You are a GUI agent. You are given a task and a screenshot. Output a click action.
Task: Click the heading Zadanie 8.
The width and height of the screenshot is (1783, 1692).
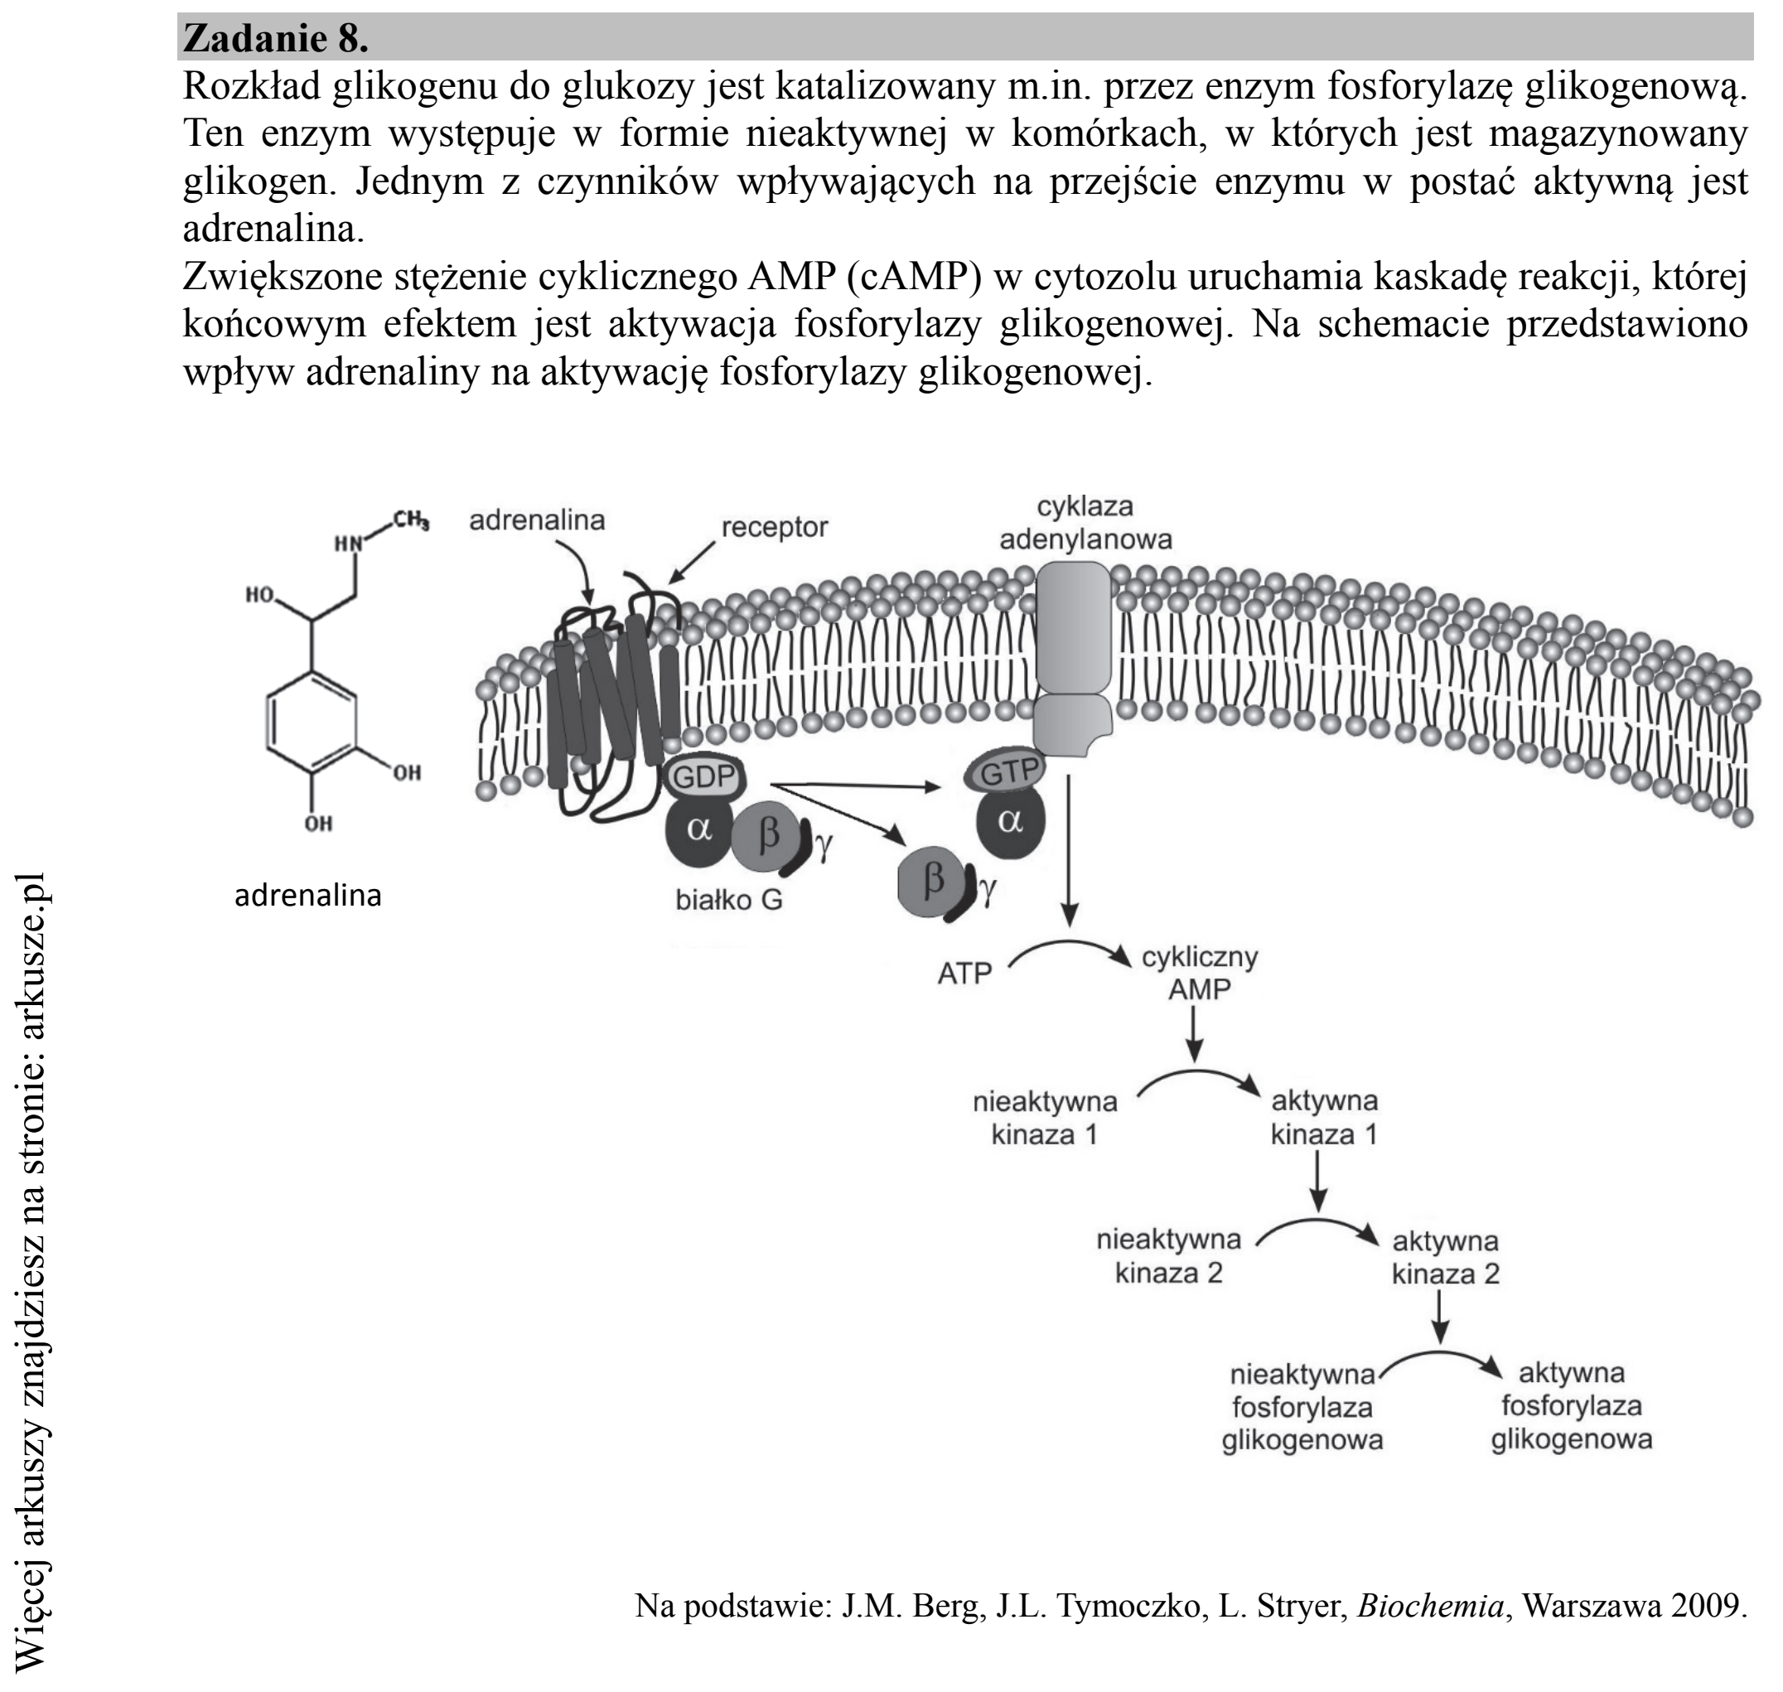275,39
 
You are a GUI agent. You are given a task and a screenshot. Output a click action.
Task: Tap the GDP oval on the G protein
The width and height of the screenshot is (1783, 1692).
704,776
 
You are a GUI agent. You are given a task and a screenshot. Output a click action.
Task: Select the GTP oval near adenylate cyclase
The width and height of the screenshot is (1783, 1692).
1007,772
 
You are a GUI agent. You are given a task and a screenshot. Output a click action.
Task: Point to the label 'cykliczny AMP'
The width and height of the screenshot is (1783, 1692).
1200,972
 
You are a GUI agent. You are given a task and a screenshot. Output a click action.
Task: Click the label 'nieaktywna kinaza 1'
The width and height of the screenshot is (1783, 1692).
1045,1118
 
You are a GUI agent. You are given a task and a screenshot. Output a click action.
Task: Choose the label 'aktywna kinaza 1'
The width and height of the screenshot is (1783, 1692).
1324,1117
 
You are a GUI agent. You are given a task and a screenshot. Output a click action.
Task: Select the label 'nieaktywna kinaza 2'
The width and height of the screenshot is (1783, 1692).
1169,1256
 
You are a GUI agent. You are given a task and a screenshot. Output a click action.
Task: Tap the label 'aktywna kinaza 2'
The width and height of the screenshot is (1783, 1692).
1445,1257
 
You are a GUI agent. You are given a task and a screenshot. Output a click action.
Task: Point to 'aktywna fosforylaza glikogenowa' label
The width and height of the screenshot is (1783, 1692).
1571,1408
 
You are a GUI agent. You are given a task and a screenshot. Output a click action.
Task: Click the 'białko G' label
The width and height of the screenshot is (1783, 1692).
729,899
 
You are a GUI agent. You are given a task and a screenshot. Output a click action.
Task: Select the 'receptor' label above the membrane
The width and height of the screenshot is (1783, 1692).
774,527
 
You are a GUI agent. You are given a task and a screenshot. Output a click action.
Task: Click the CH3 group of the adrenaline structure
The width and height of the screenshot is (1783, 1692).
410,520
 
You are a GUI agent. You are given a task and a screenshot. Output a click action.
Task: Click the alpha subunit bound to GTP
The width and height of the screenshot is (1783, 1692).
1010,821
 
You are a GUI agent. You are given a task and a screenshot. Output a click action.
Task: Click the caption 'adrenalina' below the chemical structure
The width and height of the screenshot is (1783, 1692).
307,896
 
